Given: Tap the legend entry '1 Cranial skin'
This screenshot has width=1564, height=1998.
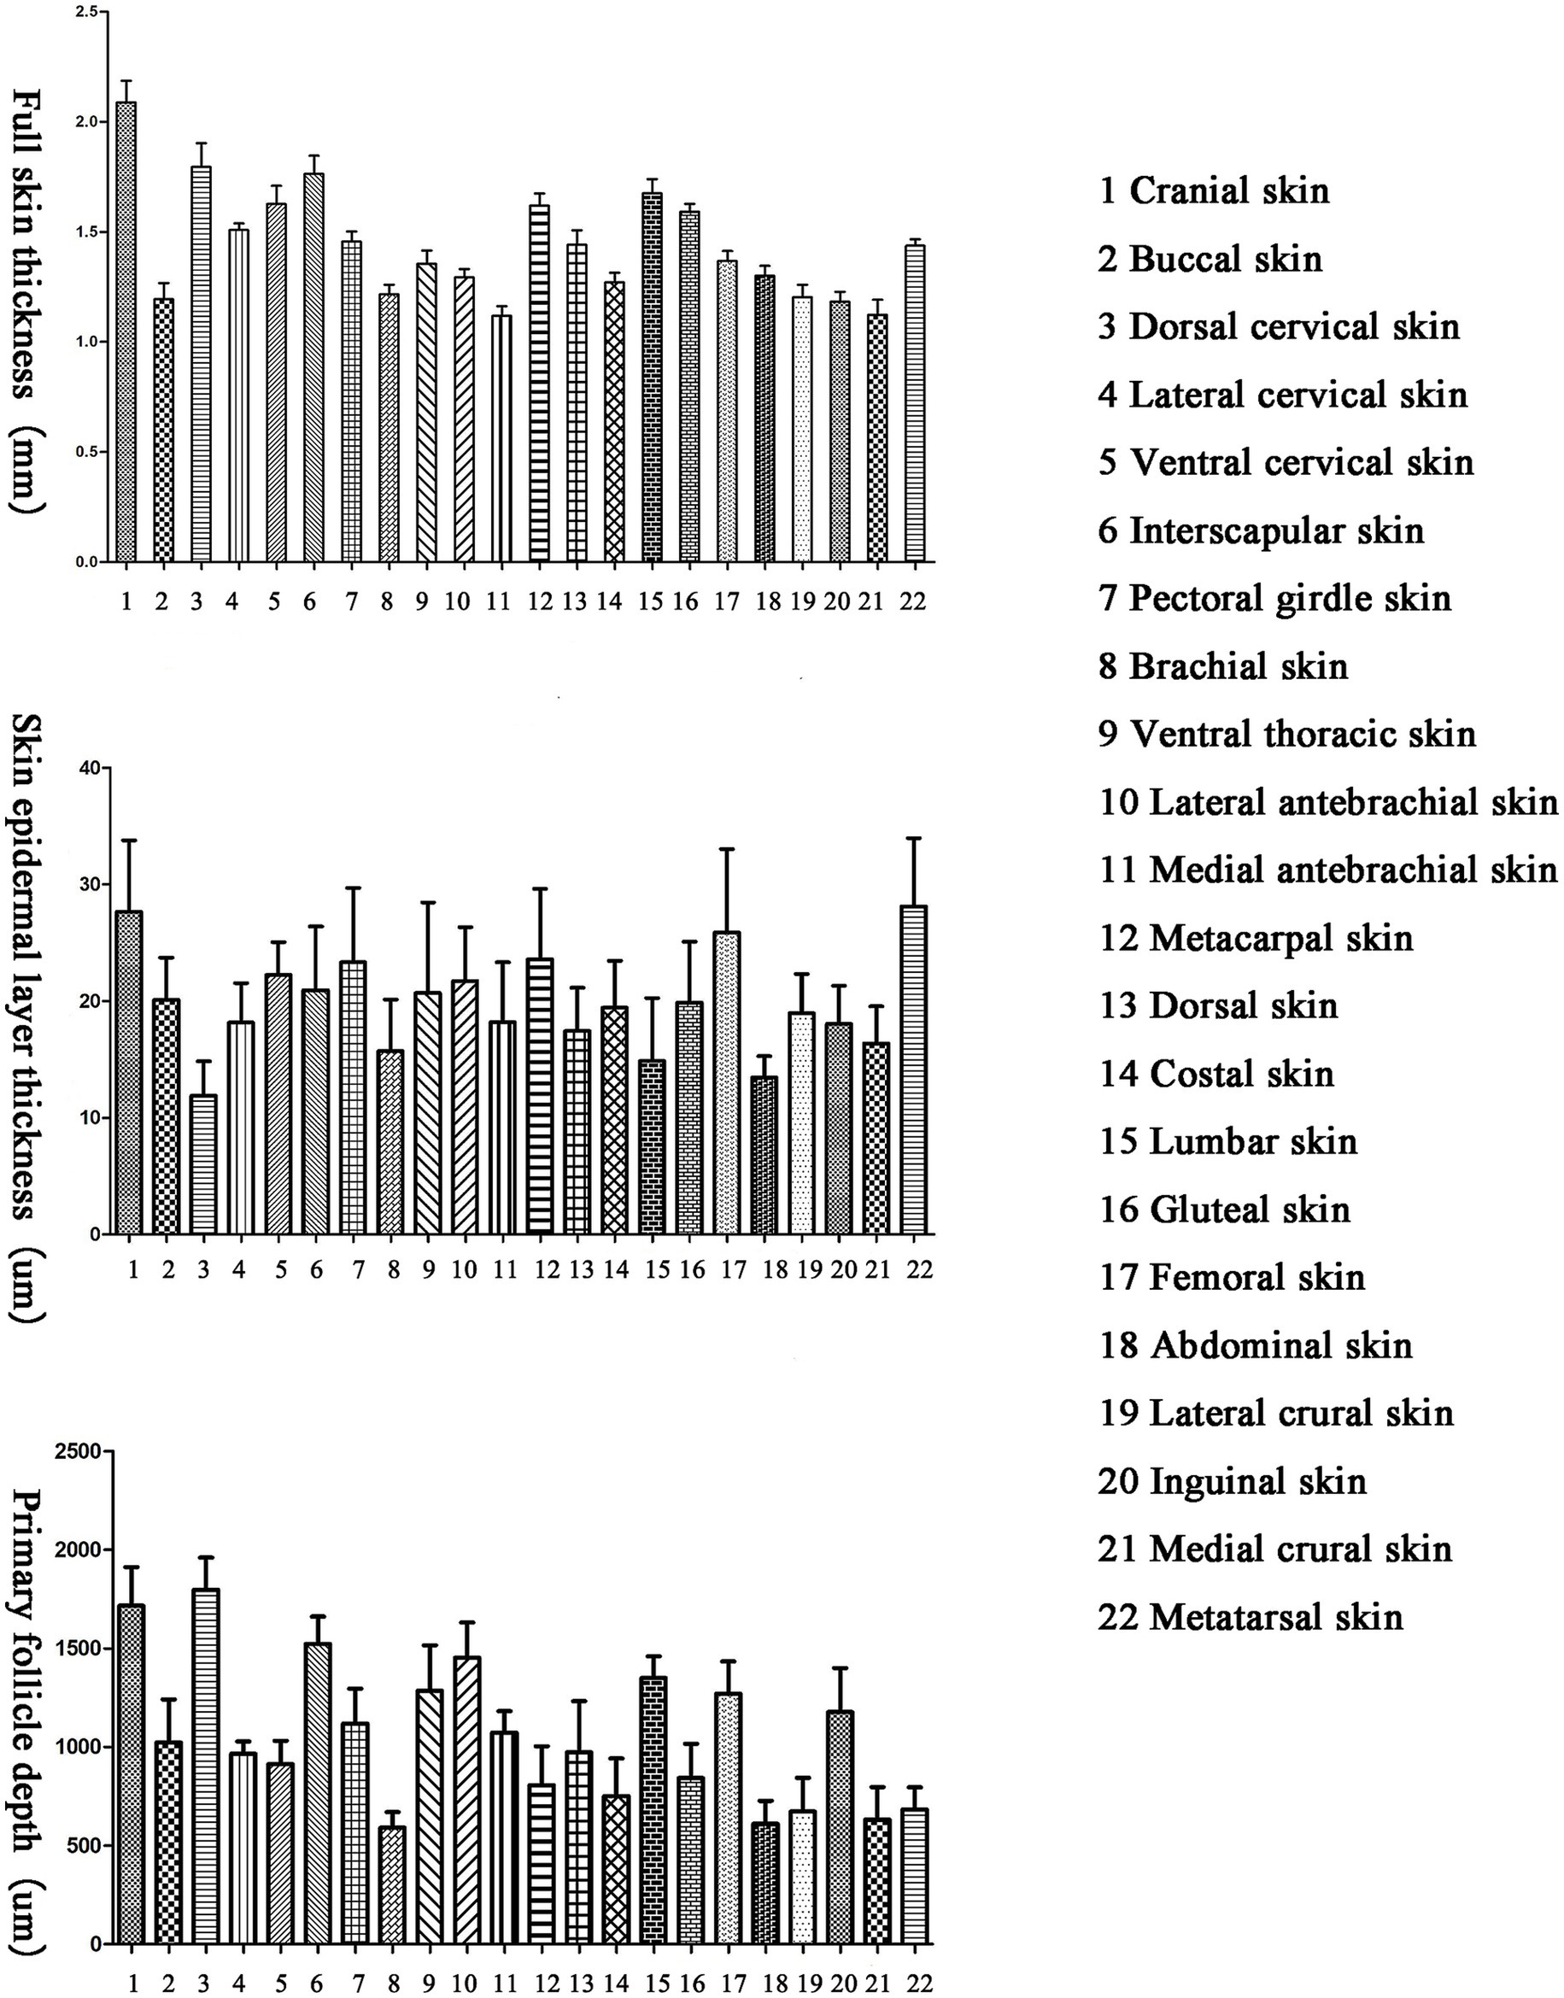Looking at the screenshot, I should pos(1213,190).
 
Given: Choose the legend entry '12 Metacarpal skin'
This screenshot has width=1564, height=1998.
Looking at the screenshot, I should pos(1256,938).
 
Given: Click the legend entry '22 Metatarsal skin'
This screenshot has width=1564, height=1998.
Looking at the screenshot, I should pos(1250,1617).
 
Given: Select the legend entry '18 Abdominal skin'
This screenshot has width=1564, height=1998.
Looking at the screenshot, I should pos(1256,1345).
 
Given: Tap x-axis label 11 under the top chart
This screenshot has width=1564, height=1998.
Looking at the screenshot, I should pos(499,601).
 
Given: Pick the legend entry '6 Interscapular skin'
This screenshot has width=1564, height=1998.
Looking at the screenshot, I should pos(1261,530).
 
